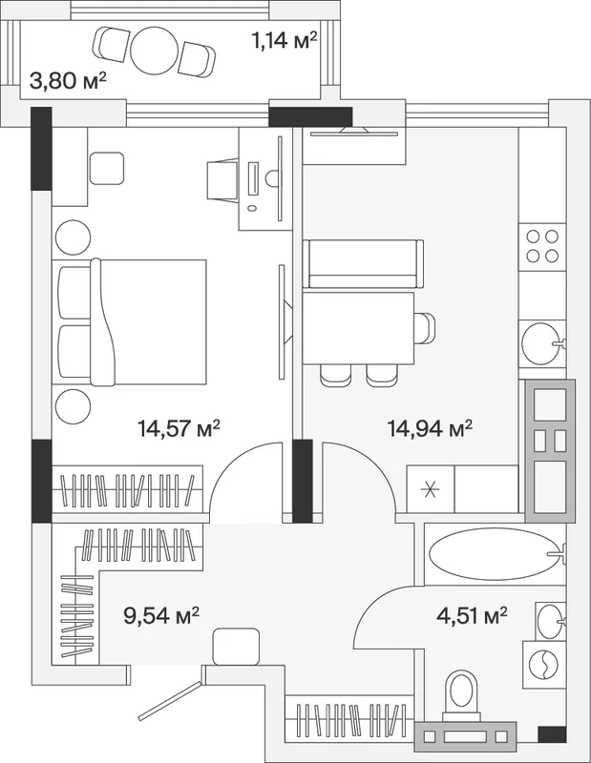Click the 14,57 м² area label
click(x=179, y=428)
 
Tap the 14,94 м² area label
click(x=430, y=428)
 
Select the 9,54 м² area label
click(x=161, y=615)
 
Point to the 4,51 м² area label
click(x=472, y=615)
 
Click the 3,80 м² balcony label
click(x=68, y=81)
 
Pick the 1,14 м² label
click(x=285, y=41)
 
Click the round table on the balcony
click(x=153, y=51)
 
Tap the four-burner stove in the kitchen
click(x=542, y=246)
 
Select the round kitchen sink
click(x=540, y=343)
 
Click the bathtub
click(x=494, y=554)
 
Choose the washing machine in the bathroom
click(x=544, y=664)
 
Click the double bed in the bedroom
click(x=133, y=322)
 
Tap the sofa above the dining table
click(x=363, y=264)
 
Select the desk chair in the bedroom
click(x=222, y=180)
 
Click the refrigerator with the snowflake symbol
click(x=431, y=489)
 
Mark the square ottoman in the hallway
click(x=236, y=647)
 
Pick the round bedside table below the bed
click(x=74, y=407)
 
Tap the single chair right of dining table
click(x=424, y=328)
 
